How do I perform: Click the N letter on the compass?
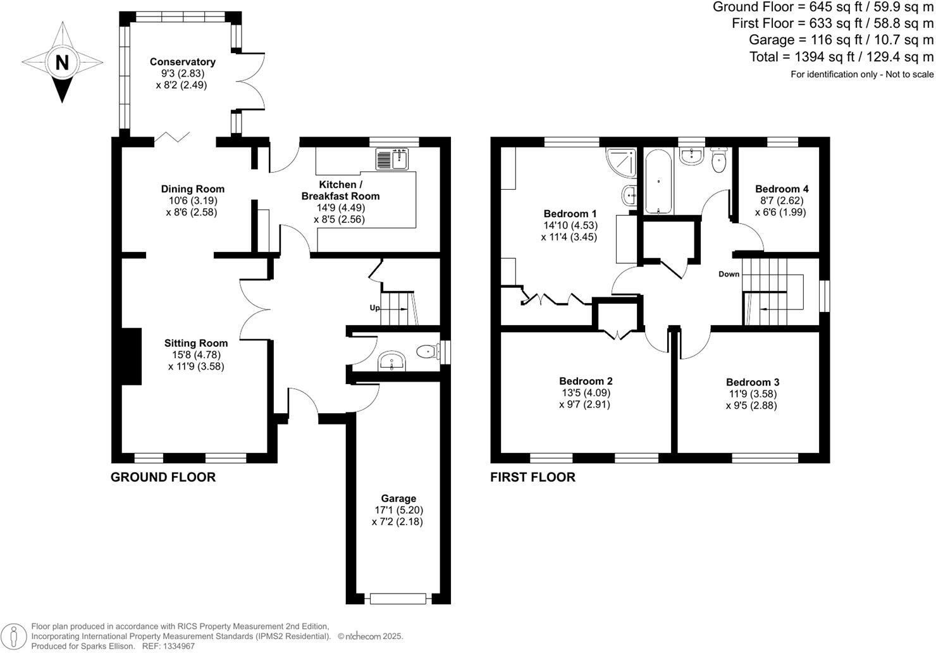click(x=62, y=63)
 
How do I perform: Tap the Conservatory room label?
click(x=182, y=62)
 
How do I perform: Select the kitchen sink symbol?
click(x=393, y=159)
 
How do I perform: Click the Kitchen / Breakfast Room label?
click(x=340, y=190)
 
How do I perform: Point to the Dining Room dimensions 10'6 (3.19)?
click(x=192, y=201)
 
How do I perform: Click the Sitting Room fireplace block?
click(x=132, y=356)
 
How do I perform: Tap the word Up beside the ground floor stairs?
click(x=374, y=308)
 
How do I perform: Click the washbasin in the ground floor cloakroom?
click(x=391, y=363)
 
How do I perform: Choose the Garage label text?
click(x=398, y=498)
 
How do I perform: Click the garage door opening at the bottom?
click(x=398, y=598)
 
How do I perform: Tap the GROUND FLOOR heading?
click(x=163, y=477)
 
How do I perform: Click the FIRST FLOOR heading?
click(x=533, y=477)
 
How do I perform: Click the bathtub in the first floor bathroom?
click(x=658, y=181)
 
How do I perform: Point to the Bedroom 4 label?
click(x=781, y=189)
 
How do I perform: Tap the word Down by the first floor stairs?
click(x=729, y=274)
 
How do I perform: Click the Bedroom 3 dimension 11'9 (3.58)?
click(x=752, y=394)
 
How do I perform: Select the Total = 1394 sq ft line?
click(x=841, y=57)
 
